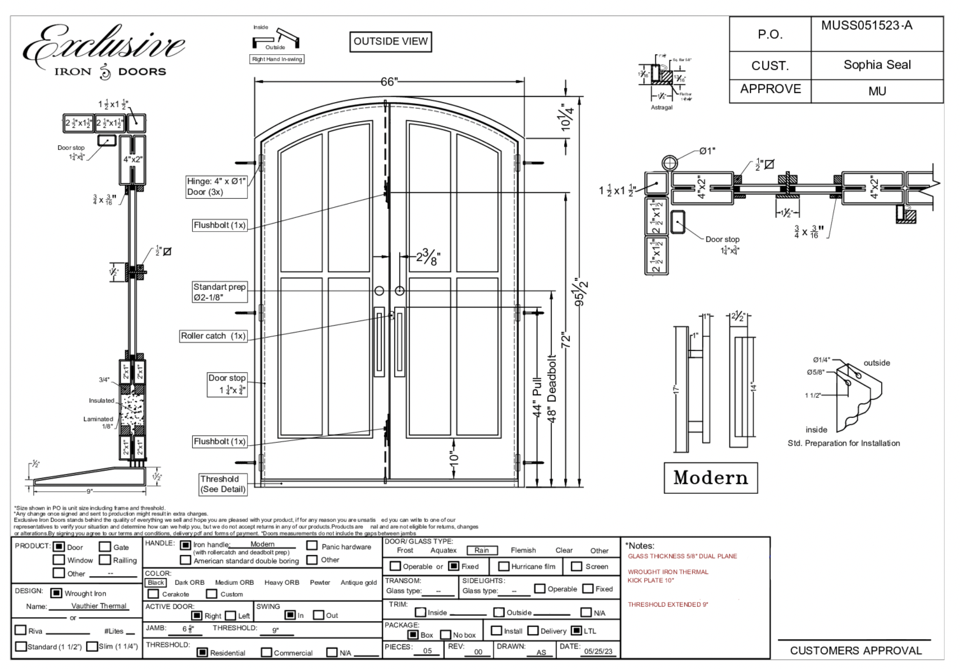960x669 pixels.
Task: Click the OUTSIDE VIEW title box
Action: coord(390,41)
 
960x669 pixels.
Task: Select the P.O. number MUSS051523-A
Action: coord(866,26)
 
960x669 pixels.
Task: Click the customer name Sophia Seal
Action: coord(877,65)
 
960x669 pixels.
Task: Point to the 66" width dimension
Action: coord(389,82)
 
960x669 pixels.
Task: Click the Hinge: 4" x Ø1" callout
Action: coord(216,186)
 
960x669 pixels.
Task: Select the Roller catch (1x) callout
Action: coord(213,336)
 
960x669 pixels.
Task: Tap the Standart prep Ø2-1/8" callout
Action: coord(220,292)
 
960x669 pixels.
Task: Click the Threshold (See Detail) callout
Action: coord(222,484)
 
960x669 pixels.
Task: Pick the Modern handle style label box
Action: coord(710,478)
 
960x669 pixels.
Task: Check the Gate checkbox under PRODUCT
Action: coord(105,547)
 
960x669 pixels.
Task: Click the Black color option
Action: coord(156,582)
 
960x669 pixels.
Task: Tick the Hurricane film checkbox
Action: coord(504,566)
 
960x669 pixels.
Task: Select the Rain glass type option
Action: coord(482,550)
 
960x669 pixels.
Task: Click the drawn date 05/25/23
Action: coord(598,651)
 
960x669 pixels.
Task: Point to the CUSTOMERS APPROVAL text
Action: coord(856,651)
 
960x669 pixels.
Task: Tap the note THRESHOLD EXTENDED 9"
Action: coord(668,605)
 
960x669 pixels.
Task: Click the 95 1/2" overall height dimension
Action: coord(581,292)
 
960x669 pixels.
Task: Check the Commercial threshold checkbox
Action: coord(267,652)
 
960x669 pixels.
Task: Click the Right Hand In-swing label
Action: coord(277,59)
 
